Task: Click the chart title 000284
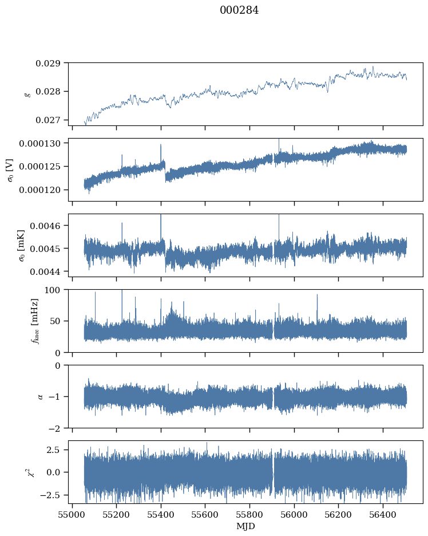pyautogui.click(x=239, y=10)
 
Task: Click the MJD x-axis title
pyautogui.click(x=245, y=526)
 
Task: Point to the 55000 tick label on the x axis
pyautogui.click(x=72, y=515)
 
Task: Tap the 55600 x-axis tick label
pyautogui.click(x=205, y=515)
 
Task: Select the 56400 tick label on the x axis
pyautogui.click(x=383, y=515)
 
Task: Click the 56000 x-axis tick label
pyautogui.click(x=294, y=515)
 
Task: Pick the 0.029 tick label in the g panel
pyautogui.click(x=48, y=63)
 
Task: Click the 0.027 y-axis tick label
pyautogui.click(x=48, y=120)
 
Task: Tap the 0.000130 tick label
pyautogui.click(x=39, y=144)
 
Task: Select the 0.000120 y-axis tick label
pyautogui.click(x=39, y=190)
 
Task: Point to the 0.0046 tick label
pyautogui.click(x=45, y=226)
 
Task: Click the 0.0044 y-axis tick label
pyautogui.click(x=45, y=272)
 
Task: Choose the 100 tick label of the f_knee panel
pyautogui.click(x=52, y=290)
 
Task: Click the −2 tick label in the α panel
pyautogui.click(x=54, y=428)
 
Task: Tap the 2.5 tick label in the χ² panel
pyautogui.click(x=53, y=450)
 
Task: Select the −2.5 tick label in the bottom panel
pyautogui.click(x=50, y=495)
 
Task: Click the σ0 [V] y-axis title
pyautogui.click(x=11, y=170)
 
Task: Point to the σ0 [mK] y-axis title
pyautogui.click(x=21, y=246)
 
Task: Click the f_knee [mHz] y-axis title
pyautogui.click(x=35, y=321)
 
